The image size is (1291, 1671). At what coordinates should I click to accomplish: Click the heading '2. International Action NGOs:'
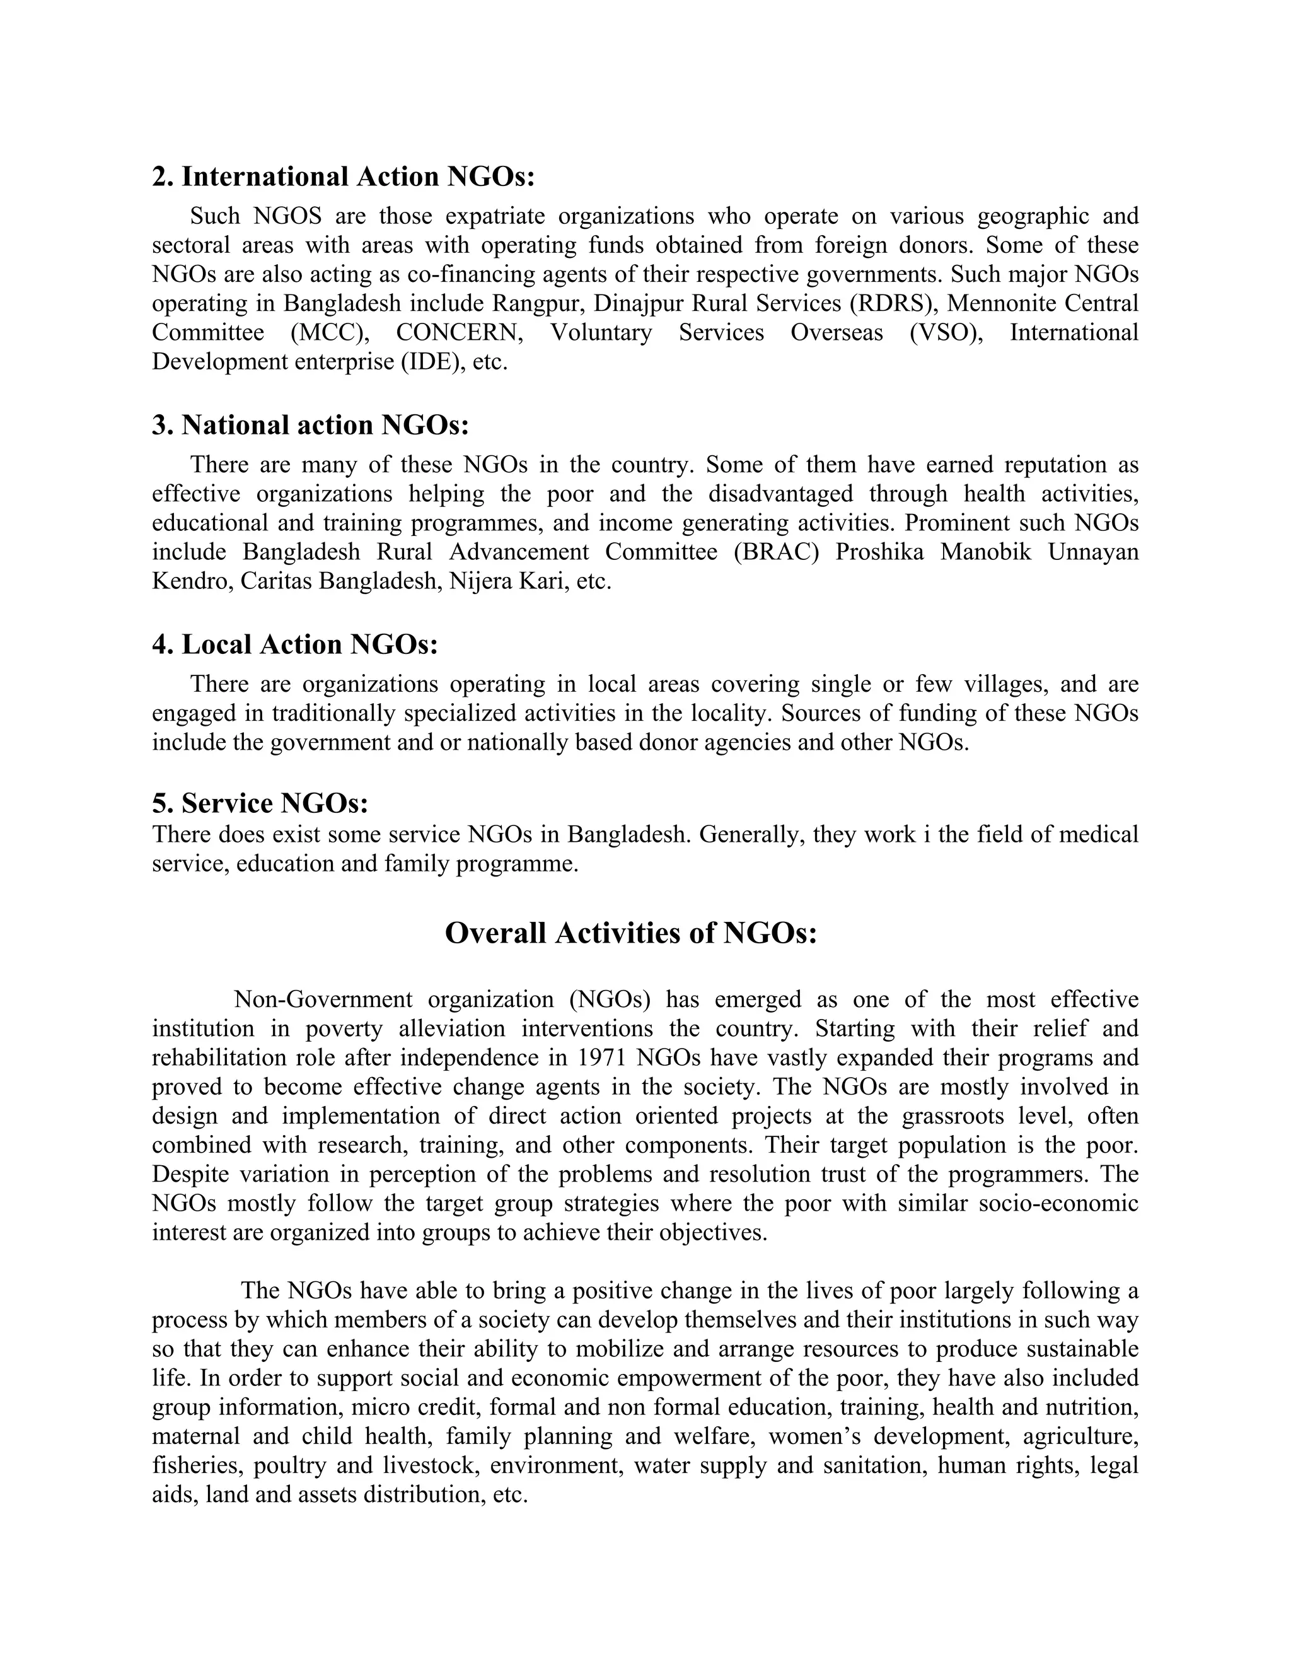pos(343,177)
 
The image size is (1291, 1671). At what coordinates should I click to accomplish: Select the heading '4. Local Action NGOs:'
pos(294,644)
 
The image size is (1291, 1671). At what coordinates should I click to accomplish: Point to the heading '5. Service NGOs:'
pos(260,803)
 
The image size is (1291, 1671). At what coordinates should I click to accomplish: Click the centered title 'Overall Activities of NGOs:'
pos(631,933)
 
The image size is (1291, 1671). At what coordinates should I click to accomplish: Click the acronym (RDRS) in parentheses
pos(893,304)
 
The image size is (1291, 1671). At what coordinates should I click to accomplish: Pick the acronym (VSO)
pos(946,333)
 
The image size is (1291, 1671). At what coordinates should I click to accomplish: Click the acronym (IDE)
pos(434,362)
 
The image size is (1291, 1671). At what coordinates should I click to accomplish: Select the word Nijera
pos(481,581)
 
